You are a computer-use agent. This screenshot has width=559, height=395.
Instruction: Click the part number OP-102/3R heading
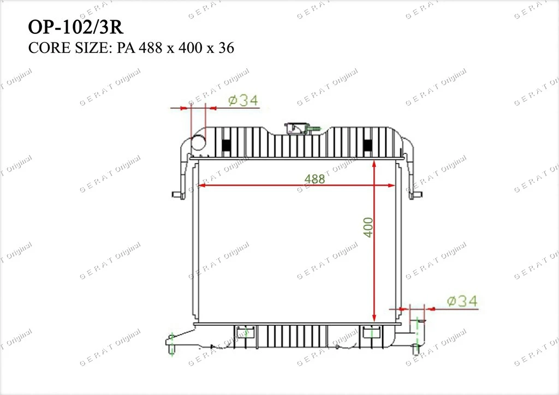75,27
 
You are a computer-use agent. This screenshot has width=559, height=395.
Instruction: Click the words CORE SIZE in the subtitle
69,47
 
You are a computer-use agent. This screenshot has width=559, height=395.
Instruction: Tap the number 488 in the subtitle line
151,47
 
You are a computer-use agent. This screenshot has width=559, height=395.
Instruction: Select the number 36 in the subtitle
226,47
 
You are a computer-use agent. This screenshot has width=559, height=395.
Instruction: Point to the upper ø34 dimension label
243,100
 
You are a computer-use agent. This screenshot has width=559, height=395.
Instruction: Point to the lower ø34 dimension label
462,301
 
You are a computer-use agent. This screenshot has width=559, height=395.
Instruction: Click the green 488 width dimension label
315,179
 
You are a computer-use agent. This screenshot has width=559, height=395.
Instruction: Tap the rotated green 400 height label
368,228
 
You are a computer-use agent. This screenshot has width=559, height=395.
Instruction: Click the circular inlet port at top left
199,143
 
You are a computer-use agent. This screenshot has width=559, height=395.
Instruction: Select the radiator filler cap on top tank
298,128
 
